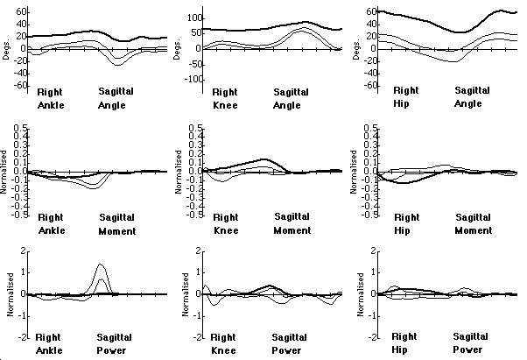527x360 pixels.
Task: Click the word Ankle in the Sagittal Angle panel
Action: point(50,104)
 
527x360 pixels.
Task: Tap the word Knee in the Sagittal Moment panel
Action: point(227,230)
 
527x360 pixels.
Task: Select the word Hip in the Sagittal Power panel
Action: point(403,349)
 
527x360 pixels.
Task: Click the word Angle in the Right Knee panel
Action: point(286,105)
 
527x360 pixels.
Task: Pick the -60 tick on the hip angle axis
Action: point(370,86)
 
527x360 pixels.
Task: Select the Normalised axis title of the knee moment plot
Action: point(181,172)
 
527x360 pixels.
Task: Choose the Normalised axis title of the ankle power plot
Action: point(8,293)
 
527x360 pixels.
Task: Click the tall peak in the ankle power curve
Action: point(101,265)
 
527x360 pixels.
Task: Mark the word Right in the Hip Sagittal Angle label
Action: point(406,90)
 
